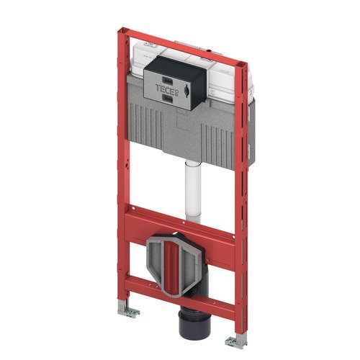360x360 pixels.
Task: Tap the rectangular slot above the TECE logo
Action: click(x=168, y=80)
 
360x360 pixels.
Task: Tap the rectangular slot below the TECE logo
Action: click(x=168, y=97)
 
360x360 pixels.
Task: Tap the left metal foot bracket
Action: click(x=128, y=310)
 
